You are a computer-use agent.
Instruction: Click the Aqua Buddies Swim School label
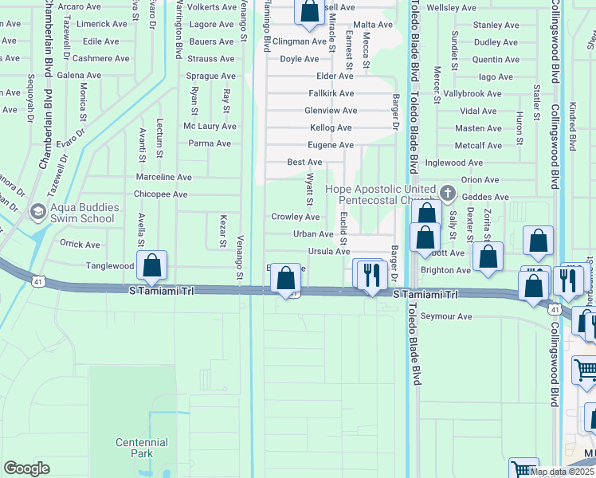pyautogui.click(x=84, y=213)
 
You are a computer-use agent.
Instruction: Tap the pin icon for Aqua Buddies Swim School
pyautogui.click(x=37, y=213)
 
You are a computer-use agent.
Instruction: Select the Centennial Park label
pyautogui.click(x=141, y=448)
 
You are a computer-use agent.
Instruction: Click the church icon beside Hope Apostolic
pyautogui.click(x=448, y=194)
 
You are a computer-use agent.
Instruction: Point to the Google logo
pyautogui.click(x=26, y=468)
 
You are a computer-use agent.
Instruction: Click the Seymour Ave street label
pyautogui.click(x=446, y=317)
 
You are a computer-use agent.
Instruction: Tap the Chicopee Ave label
pyautogui.click(x=161, y=194)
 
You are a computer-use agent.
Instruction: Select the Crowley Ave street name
pyautogui.click(x=295, y=217)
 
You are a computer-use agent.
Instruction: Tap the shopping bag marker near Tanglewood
pyautogui.click(x=151, y=266)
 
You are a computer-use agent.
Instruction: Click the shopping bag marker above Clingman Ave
pyautogui.click(x=308, y=11)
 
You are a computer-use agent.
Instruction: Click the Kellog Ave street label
pyautogui.click(x=331, y=128)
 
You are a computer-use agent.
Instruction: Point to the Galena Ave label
pyautogui.click(x=79, y=76)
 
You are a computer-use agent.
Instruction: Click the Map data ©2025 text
pyautogui.click(x=562, y=472)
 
